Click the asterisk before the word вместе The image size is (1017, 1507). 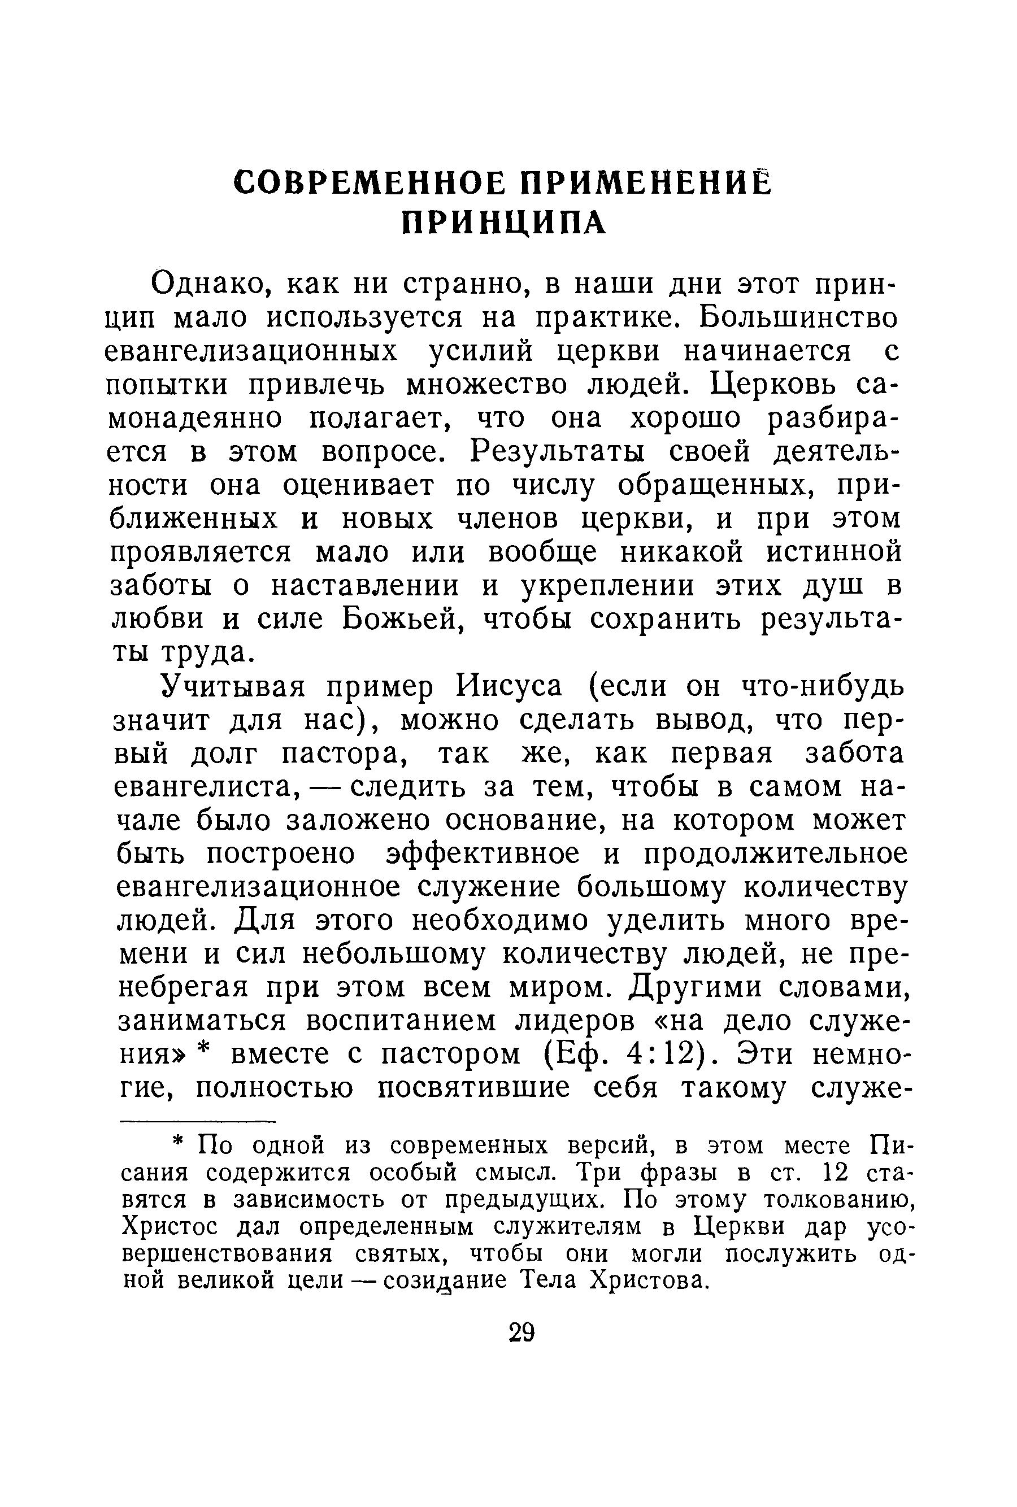pyautogui.click(x=205, y=1052)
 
